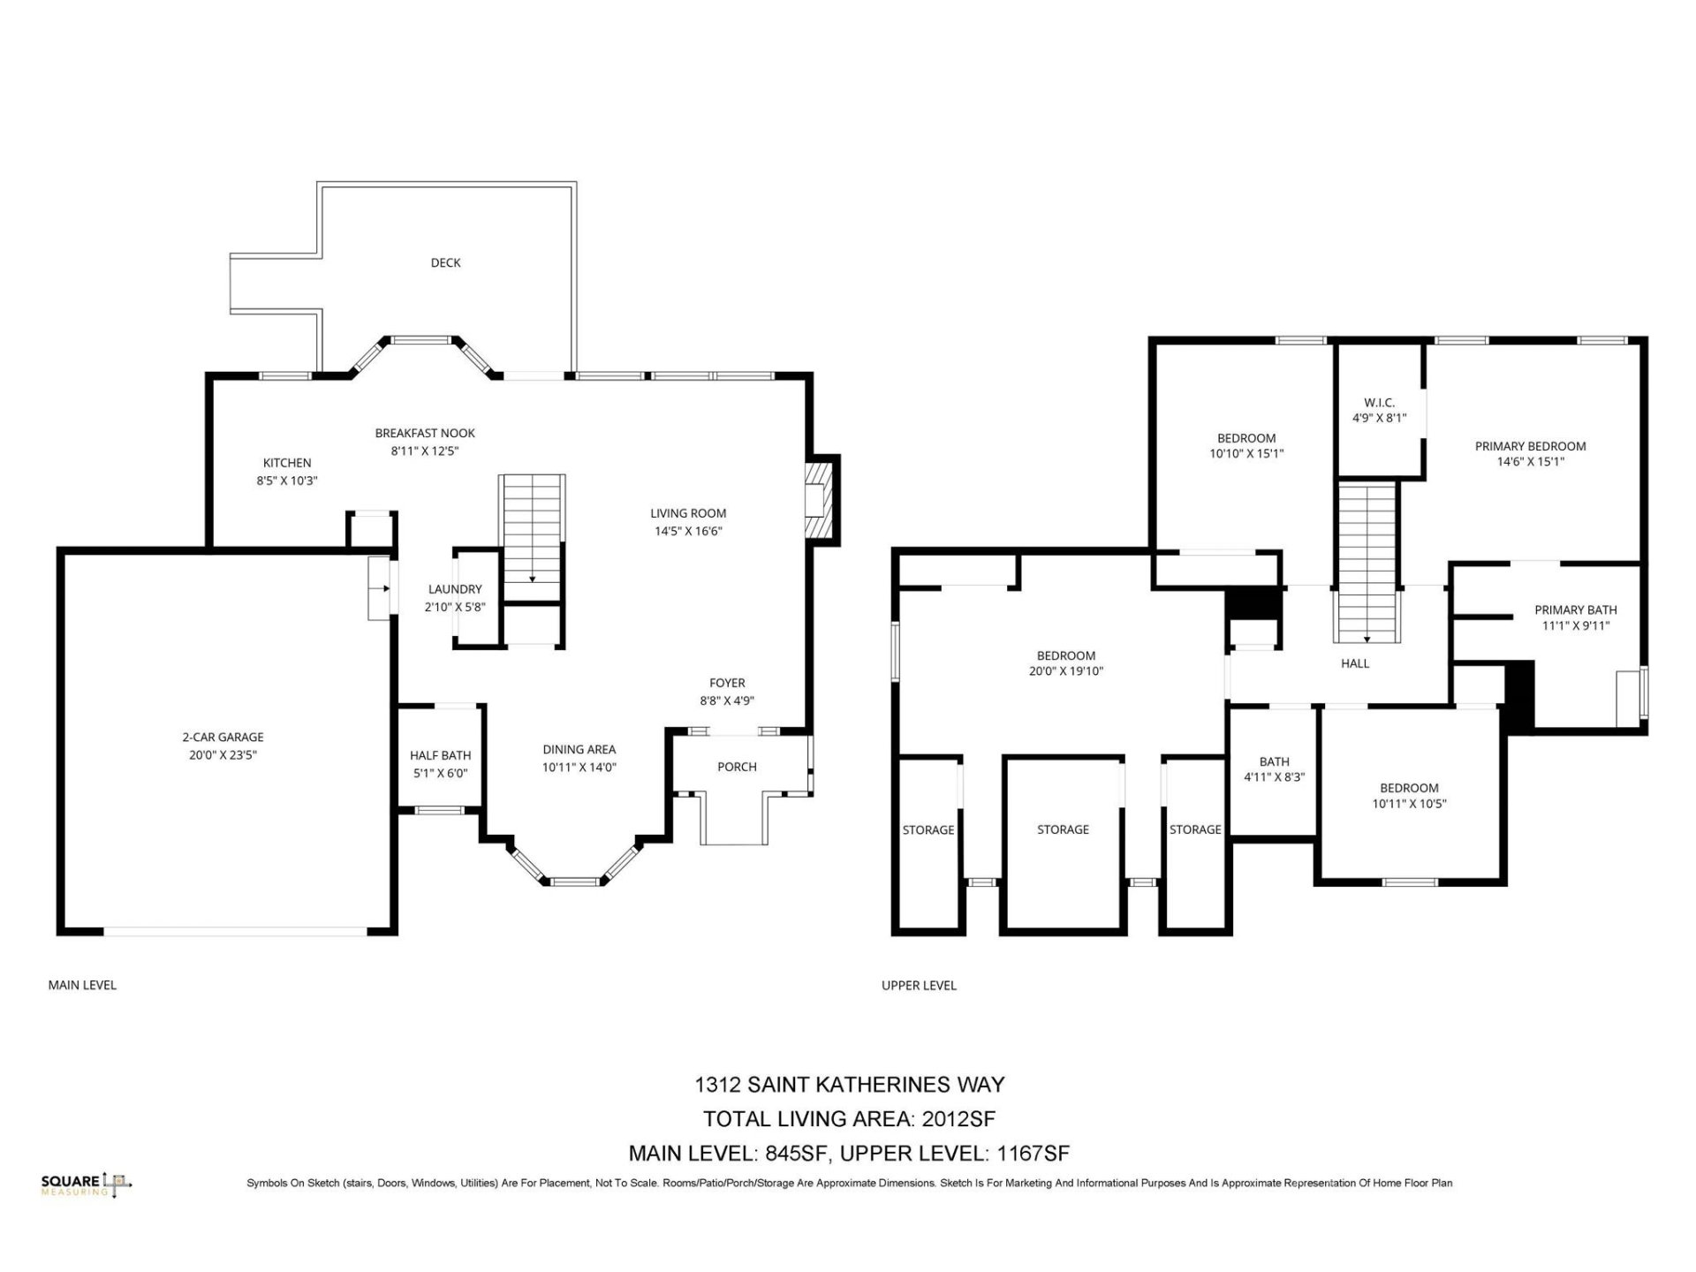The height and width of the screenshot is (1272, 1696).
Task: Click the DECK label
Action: pyautogui.click(x=445, y=262)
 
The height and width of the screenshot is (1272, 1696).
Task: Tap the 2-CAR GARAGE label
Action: pyautogui.click(x=223, y=737)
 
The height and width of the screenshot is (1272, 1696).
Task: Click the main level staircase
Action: pyautogui.click(x=532, y=539)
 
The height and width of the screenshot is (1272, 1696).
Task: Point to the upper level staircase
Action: pyautogui.click(x=1367, y=562)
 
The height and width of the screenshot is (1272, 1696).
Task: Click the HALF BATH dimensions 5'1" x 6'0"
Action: pyautogui.click(x=440, y=773)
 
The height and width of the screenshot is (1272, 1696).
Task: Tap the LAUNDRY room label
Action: pyautogui.click(x=455, y=589)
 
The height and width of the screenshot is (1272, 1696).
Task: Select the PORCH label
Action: pyautogui.click(x=737, y=767)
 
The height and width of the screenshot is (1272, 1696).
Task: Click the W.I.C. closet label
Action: pyautogui.click(x=1379, y=403)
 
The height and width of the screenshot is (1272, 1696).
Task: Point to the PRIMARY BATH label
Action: pyautogui.click(x=1575, y=609)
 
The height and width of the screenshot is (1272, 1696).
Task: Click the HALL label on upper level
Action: pyautogui.click(x=1354, y=663)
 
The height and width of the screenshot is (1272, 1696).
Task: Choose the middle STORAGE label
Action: pyautogui.click(x=1063, y=829)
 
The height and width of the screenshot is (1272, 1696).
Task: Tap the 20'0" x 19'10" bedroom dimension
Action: pyautogui.click(x=1065, y=671)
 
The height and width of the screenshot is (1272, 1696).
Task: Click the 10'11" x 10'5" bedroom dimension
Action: pyautogui.click(x=1409, y=804)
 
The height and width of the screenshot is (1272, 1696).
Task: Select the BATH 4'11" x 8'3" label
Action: pyautogui.click(x=1274, y=769)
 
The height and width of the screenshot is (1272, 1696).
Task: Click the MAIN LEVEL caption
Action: pyautogui.click(x=82, y=985)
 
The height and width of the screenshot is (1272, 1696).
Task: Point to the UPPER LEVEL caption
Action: pyautogui.click(x=919, y=985)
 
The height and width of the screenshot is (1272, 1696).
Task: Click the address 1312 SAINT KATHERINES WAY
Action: pyautogui.click(x=849, y=1084)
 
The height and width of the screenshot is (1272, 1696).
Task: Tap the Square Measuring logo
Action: pyautogui.click(x=87, y=1184)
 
